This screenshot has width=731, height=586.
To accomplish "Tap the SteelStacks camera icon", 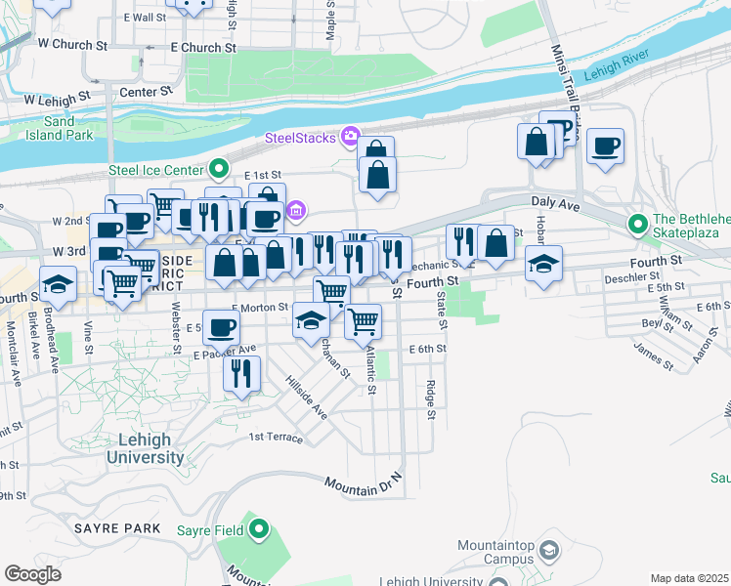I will coord(349,137).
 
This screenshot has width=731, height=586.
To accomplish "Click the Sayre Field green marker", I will coord(258,530).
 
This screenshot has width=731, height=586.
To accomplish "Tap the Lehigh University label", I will coord(145,448).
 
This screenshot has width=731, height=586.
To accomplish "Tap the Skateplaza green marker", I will coord(639,224).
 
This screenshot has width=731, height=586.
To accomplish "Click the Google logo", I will coord(32,574).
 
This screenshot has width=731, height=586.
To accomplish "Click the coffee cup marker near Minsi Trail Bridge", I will coord(606,146).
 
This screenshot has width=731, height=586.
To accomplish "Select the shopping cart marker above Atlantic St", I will coord(364,319).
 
